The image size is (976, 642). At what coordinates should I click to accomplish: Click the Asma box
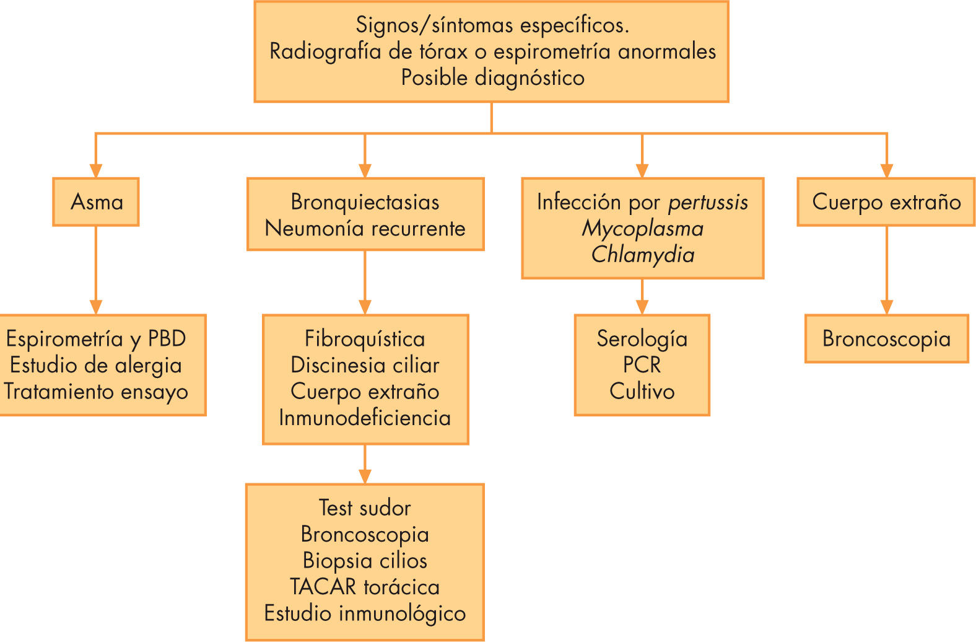pyautogui.click(x=96, y=202)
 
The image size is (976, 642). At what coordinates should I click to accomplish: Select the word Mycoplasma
pyautogui.click(x=642, y=229)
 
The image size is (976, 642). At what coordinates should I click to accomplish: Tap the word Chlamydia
pyautogui.click(x=642, y=255)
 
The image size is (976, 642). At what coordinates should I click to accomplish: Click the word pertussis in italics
pyautogui.click(x=708, y=202)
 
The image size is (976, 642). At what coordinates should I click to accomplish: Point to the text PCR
pyautogui.click(x=642, y=365)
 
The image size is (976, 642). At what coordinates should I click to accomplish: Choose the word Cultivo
pyautogui.click(x=642, y=392)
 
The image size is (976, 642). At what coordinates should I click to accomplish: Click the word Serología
pyautogui.click(x=642, y=339)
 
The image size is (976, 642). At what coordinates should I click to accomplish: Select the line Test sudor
pyautogui.click(x=365, y=508)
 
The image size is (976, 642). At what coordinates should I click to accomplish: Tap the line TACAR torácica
pyautogui.click(x=365, y=587)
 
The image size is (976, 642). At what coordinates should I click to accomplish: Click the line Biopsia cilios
pyautogui.click(x=365, y=561)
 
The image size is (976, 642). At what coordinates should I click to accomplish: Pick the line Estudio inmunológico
pyautogui.click(x=365, y=613)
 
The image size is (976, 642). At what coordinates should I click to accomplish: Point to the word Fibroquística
pyautogui.click(x=365, y=339)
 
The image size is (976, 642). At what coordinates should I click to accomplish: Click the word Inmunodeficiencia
pyautogui.click(x=365, y=418)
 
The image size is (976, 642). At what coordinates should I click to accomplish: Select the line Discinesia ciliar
pyautogui.click(x=365, y=365)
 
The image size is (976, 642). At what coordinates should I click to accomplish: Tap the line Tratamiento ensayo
pyautogui.click(x=96, y=392)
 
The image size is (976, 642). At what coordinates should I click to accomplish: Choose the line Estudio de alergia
pyautogui.click(x=96, y=365)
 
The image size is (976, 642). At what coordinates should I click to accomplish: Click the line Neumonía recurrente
pyautogui.click(x=365, y=229)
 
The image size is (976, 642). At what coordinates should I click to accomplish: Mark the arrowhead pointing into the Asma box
pyautogui.click(x=95, y=170)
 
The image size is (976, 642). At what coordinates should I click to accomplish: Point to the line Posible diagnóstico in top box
pyautogui.click(x=492, y=78)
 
